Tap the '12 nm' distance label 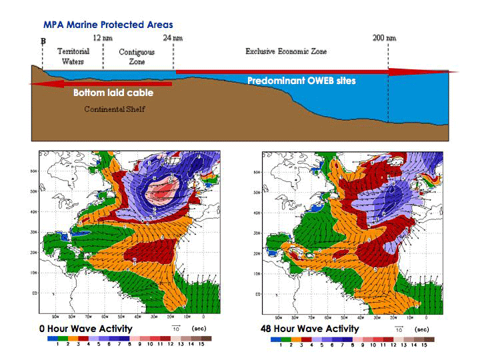[x=103, y=39]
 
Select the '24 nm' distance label [x=173, y=39]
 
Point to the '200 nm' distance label [x=384, y=38]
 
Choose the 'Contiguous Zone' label [x=137, y=57]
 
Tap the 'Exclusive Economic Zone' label [x=286, y=51]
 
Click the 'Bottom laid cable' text [x=113, y=93]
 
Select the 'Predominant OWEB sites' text [x=301, y=81]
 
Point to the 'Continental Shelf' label [x=114, y=109]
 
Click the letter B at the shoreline [x=43, y=41]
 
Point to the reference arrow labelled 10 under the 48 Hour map [x=399, y=325]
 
